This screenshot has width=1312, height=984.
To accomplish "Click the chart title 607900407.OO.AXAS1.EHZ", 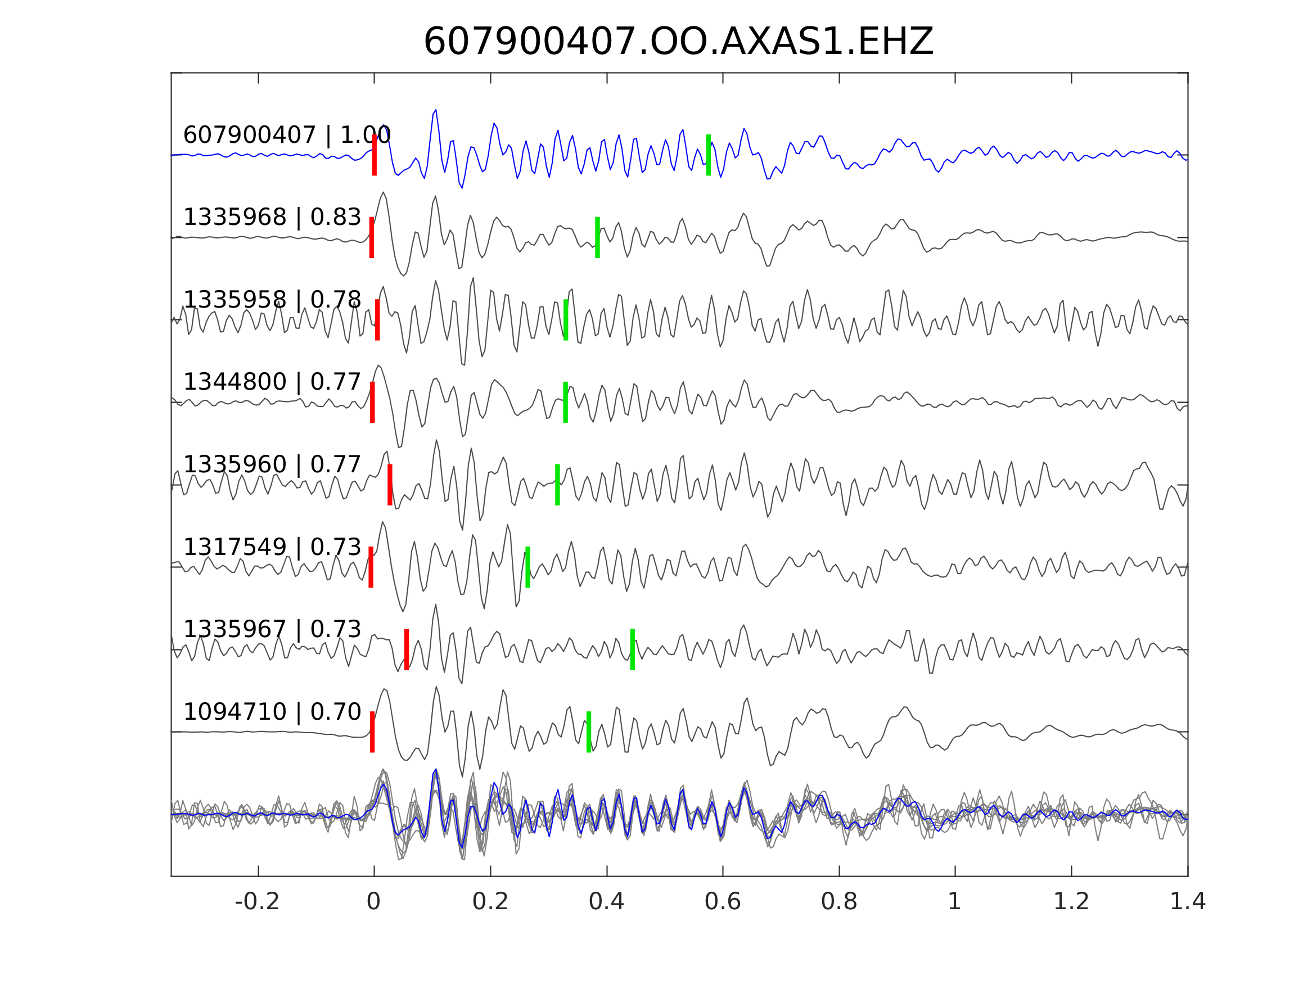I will coord(678,42).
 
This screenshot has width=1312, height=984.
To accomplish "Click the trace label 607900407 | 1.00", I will coord(287,136).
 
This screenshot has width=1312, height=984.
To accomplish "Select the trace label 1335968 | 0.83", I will coord(272,218).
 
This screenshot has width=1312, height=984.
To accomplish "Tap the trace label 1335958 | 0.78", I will coord(272,300).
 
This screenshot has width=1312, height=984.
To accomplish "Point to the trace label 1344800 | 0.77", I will coord(272,382).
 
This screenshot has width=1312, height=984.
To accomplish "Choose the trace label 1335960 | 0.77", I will coord(272,464).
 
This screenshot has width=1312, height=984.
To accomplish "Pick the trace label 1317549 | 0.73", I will coord(272,547).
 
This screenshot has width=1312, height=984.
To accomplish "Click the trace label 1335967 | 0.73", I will coord(272,629).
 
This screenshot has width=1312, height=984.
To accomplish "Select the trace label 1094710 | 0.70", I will coord(272,711).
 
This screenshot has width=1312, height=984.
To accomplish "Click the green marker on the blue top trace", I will coord(708,155).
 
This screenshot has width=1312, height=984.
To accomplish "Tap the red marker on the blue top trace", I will coord(375,155).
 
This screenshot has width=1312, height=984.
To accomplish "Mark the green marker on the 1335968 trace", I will coord(597,237).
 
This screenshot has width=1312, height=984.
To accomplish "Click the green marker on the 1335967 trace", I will coord(632,649).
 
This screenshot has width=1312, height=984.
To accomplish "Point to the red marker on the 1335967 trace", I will coord(406,649).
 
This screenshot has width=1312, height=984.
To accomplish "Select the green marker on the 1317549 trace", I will coord(527,567).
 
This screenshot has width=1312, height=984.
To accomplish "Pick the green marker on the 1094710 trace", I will coord(588,732).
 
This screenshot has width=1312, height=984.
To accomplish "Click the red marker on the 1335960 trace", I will coord(390,485).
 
